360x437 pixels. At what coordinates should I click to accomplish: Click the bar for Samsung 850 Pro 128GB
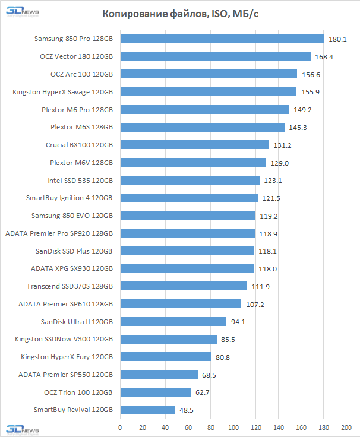click(x=222, y=39)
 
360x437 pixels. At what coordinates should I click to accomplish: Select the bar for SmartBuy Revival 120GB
click(x=148, y=410)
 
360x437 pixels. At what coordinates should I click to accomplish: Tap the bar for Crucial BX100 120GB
click(x=194, y=145)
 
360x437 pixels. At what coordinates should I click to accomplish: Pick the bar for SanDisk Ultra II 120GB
click(x=173, y=322)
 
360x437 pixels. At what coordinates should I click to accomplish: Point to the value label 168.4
click(x=323, y=57)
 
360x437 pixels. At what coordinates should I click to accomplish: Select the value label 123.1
click(x=272, y=180)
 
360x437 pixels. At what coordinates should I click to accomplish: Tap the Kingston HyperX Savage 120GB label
click(x=62, y=92)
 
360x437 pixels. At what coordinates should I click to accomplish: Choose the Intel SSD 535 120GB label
click(x=80, y=180)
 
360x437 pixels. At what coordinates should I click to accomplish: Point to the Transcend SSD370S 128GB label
click(x=70, y=286)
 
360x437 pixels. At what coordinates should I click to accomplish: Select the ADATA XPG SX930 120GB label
click(x=72, y=268)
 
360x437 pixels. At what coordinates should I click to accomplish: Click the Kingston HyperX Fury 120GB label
click(x=67, y=357)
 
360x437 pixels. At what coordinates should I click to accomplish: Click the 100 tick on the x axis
click(x=233, y=427)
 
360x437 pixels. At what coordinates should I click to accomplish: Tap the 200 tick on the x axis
click(x=346, y=427)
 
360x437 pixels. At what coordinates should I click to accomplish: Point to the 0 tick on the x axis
click(x=120, y=427)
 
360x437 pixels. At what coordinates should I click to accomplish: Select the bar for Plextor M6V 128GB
click(x=193, y=163)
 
